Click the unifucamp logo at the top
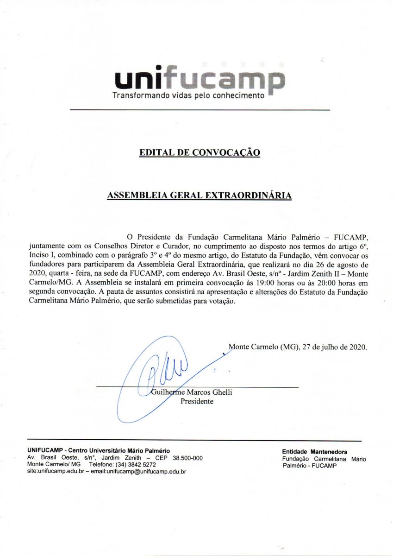[x=200, y=80]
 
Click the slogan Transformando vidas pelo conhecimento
[x=188, y=96]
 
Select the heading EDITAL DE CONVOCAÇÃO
[x=200, y=152]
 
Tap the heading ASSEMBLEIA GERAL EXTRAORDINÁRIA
[x=200, y=196]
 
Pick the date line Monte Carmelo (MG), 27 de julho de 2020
[x=298, y=347]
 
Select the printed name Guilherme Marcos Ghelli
[x=192, y=392]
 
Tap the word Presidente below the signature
[x=197, y=401]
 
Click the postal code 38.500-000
[x=187, y=458]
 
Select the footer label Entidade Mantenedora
[x=314, y=452]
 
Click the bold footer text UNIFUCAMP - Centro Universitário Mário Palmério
[x=99, y=451]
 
